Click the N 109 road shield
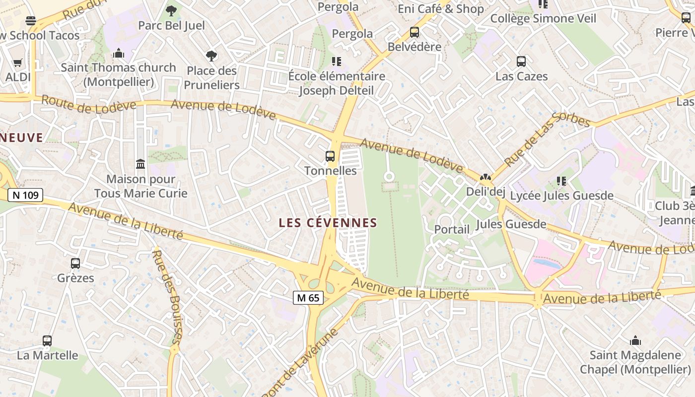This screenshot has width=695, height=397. pyautogui.click(x=25, y=195)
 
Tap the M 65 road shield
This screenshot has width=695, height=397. pyautogui.click(x=308, y=298)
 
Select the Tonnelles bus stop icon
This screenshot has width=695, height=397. pyautogui.click(x=330, y=156)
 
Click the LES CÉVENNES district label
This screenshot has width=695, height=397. pyautogui.click(x=328, y=223)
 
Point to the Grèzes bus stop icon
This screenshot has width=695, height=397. pyautogui.click(x=75, y=264)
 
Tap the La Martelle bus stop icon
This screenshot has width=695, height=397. pyautogui.click(x=47, y=341)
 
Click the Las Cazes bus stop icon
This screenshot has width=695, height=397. pyautogui.click(x=521, y=62)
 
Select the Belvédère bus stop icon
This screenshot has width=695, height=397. pyautogui.click(x=415, y=32)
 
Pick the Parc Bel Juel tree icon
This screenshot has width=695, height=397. pyautogui.click(x=171, y=10)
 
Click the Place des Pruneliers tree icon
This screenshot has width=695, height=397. pyautogui.click(x=211, y=56)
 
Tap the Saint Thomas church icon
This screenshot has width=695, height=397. pyautogui.click(x=119, y=53)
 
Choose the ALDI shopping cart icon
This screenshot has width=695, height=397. pyautogui.click(x=18, y=63)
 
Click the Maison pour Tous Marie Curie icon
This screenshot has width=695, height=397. pyautogui.click(x=140, y=164)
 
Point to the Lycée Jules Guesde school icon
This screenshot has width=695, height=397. pyautogui.click(x=561, y=181)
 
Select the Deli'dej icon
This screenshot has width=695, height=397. pyautogui.click(x=485, y=177)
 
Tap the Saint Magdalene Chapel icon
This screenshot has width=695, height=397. pyautogui.click(x=635, y=340)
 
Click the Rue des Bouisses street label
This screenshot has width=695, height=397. pyautogui.click(x=167, y=297)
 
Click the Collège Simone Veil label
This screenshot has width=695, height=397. pyautogui.click(x=543, y=18)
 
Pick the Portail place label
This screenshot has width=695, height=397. pyautogui.click(x=452, y=229)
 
